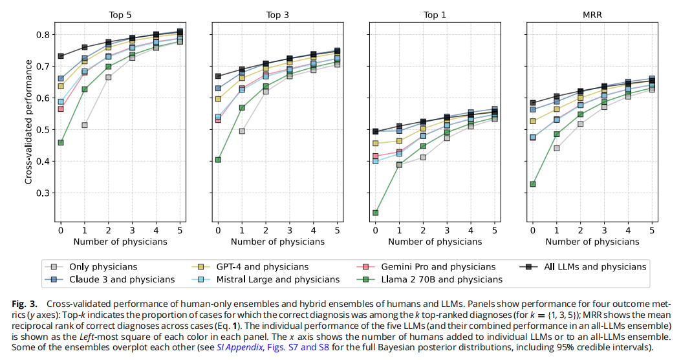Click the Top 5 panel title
point(120,15)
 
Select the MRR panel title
point(592,15)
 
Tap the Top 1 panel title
point(435,15)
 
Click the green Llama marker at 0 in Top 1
point(376,213)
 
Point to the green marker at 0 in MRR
point(533,184)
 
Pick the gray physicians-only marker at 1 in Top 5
point(85,125)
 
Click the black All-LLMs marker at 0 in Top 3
point(218,76)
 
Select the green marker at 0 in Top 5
point(61,142)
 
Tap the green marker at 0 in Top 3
point(218,160)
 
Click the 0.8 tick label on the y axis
point(44,35)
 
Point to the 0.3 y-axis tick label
point(44,193)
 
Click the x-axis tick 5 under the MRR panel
point(652,230)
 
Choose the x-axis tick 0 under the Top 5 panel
point(61,230)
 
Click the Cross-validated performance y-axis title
point(28,122)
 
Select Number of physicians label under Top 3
point(277,242)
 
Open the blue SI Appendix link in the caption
point(239,347)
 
